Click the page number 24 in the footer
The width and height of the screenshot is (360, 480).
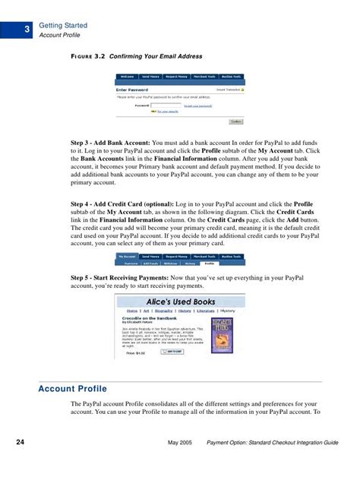[x=23, y=441]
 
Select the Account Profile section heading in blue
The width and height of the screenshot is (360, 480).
[x=72, y=390]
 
